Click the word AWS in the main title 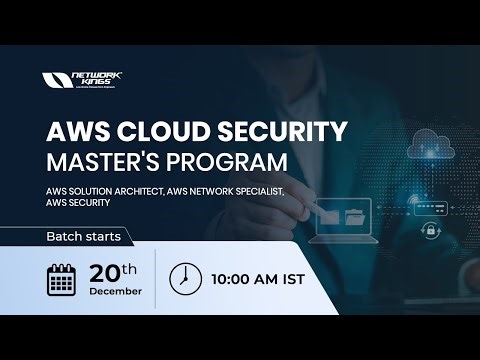click(x=79, y=130)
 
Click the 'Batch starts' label click(x=84, y=237)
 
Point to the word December click(x=116, y=292)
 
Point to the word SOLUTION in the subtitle click(x=93, y=188)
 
